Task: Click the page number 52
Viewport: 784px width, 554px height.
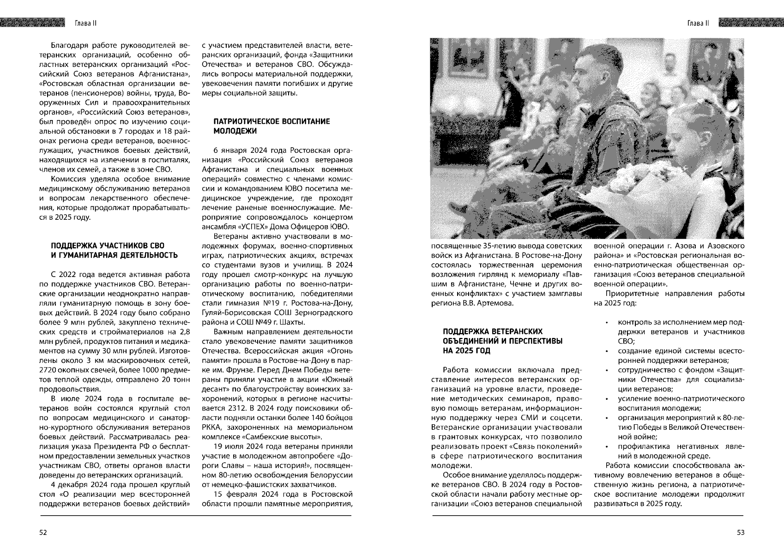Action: [42, 532]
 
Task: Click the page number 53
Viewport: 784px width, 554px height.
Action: [741, 532]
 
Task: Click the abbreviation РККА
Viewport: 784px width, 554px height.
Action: [212, 428]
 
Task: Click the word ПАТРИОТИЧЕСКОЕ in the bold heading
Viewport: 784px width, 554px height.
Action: [245, 121]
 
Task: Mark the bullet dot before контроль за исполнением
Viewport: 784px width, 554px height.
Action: [606, 322]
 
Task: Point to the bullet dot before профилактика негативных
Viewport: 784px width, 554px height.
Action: [606, 447]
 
